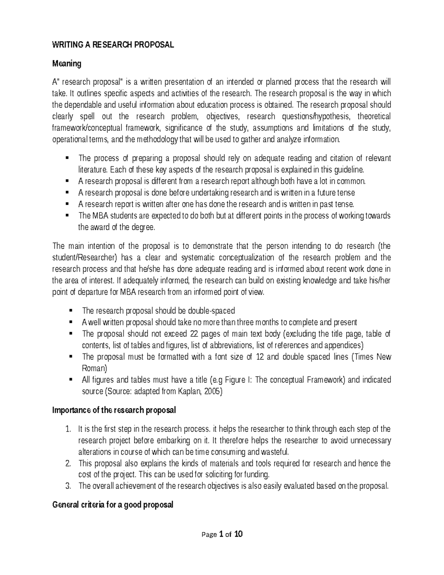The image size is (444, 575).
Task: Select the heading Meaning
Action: point(67,64)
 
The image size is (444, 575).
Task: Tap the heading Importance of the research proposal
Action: point(114,410)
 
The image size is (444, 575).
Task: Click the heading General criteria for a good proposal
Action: point(113,505)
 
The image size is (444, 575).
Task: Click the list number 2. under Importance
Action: point(68,464)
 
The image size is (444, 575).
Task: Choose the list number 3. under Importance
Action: point(68,486)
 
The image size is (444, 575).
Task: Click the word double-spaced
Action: point(212,311)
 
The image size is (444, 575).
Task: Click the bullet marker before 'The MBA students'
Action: point(67,215)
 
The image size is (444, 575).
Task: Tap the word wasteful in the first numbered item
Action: point(273,452)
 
